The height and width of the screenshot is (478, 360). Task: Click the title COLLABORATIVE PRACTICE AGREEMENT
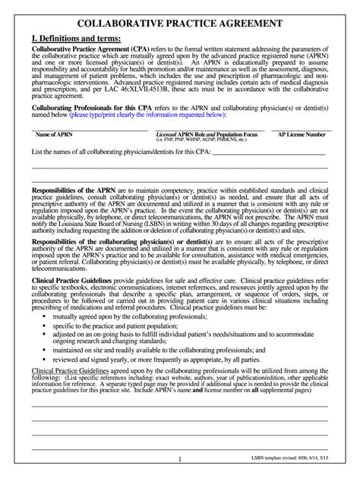179,24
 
